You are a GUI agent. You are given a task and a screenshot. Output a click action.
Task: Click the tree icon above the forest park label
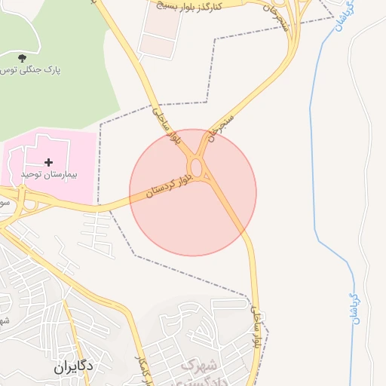(x=20, y=57)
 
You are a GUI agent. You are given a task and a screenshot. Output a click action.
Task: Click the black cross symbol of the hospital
(x=49, y=162)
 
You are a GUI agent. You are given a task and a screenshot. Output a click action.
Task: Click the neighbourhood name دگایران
(x=73, y=367)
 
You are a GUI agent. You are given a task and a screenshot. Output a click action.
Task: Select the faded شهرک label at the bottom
(x=200, y=366)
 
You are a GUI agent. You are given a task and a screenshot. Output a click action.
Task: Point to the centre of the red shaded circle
(x=193, y=192)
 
